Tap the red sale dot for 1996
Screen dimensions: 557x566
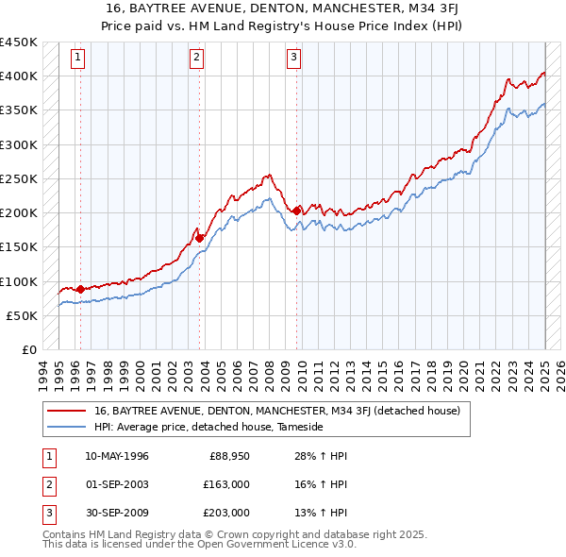click(80, 289)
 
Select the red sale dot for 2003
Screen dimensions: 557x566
click(200, 238)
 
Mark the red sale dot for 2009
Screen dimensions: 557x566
click(297, 211)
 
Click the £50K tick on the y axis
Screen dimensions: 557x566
click(23, 315)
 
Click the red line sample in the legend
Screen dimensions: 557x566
click(66, 412)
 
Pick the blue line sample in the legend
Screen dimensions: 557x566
click(66, 427)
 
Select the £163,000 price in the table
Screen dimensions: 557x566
click(226, 484)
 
